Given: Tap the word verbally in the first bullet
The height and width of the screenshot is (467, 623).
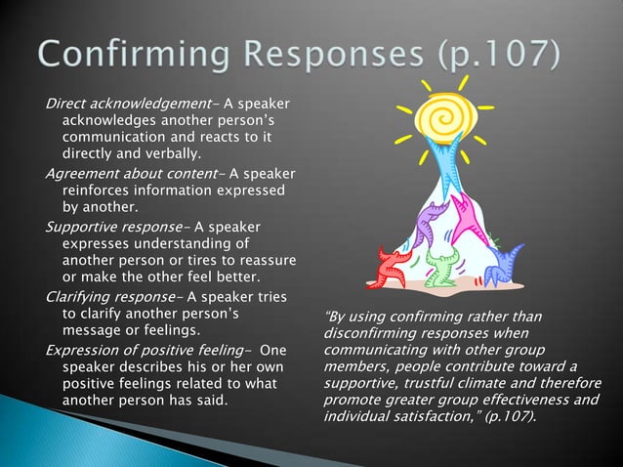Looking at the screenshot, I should click(167, 154).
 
